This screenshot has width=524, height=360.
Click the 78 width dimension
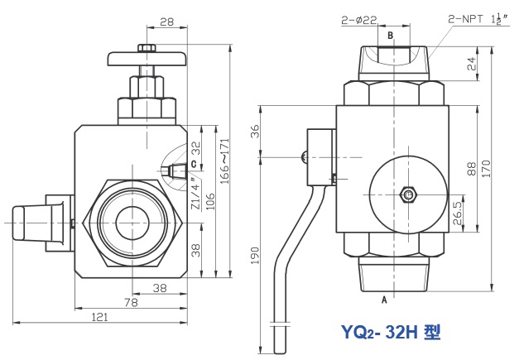click(x=130, y=304)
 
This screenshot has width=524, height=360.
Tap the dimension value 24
click(x=472, y=63)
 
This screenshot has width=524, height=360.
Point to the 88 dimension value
click(x=471, y=169)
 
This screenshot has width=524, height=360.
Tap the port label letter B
click(x=391, y=36)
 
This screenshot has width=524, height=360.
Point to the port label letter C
click(x=194, y=164)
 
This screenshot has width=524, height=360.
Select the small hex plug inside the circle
click(x=407, y=194)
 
